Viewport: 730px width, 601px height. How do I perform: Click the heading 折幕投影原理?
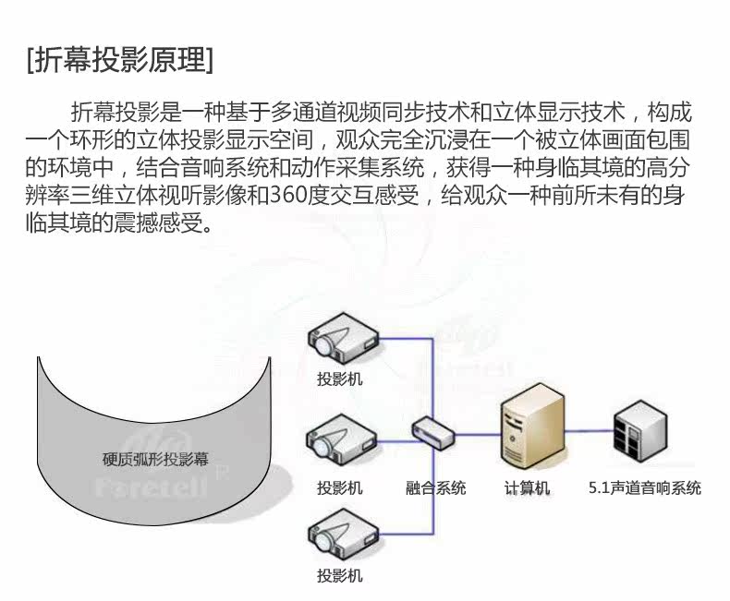coord(121,61)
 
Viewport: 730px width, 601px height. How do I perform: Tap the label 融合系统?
coord(435,487)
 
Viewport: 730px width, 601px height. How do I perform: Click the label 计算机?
coord(527,487)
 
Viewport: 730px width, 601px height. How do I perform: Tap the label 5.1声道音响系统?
coord(645,487)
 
